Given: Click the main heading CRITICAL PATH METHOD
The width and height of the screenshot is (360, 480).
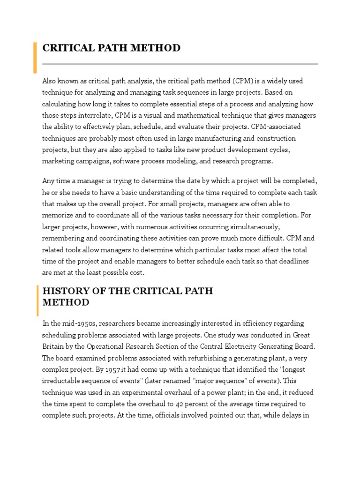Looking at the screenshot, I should coord(112,48).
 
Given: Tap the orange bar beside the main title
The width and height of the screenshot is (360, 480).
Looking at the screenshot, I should coord(35,57).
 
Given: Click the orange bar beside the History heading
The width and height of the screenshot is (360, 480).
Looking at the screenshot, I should coord(37,300).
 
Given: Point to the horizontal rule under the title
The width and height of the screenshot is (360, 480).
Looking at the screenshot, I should coord(180,64).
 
